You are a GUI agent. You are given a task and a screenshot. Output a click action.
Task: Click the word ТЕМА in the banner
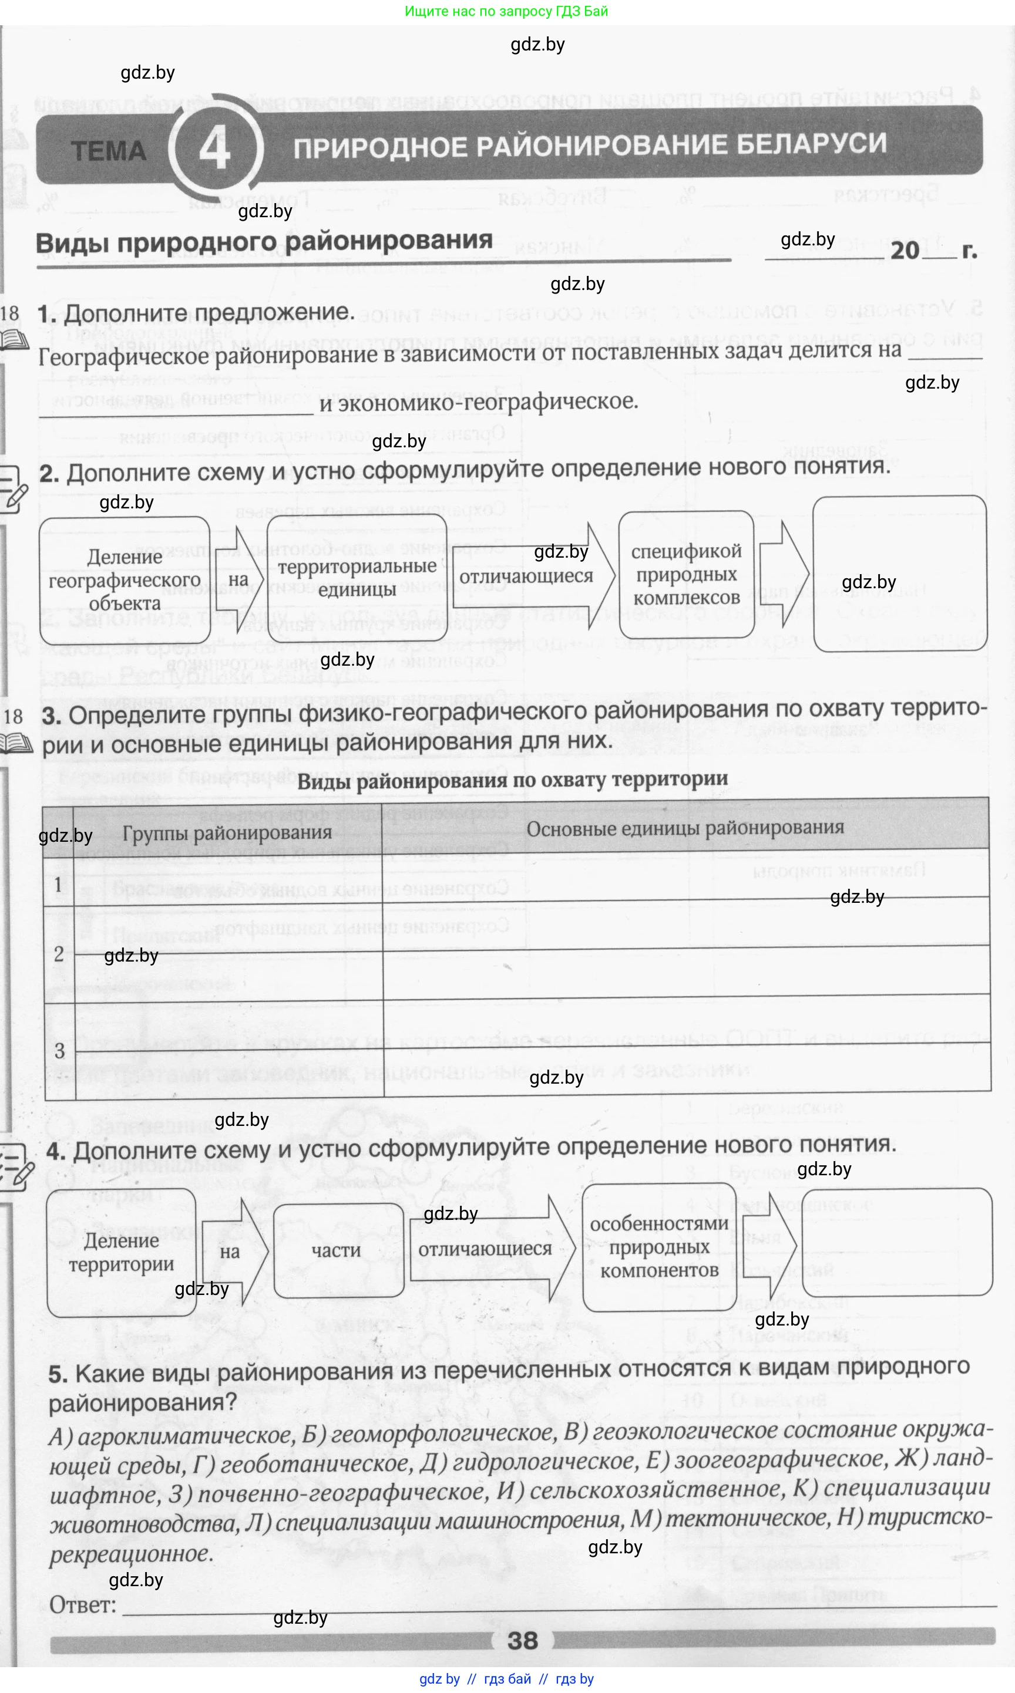[x=108, y=151]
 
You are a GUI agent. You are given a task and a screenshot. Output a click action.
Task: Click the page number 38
[x=523, y=1640]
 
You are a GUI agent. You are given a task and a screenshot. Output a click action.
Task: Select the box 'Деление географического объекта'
[x=125, y=581]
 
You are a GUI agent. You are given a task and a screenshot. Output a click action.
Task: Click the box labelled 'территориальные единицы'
[x=357, y=578]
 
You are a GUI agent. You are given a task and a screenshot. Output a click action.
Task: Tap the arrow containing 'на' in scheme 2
[x=238, y=579]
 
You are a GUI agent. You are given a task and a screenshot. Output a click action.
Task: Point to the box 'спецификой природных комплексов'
[x=686, y=574]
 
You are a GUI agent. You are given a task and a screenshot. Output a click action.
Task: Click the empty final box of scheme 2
[x=899, y=574]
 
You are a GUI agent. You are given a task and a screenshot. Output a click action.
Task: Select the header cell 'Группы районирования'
[x=227, y=833]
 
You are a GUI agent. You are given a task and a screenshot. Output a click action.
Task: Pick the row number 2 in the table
[x=59, y=953]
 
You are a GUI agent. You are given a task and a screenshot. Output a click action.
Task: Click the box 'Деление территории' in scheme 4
[x=121, y=1252]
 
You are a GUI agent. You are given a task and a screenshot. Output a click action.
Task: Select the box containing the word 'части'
[x=337, y=1251]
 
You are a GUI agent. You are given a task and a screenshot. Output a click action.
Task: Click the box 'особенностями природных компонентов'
[x=658, y=1247]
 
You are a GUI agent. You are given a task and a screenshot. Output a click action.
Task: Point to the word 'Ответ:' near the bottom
[x=82, y=1604]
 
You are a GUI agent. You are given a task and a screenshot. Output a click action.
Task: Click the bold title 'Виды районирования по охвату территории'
[x=512, y=781]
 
